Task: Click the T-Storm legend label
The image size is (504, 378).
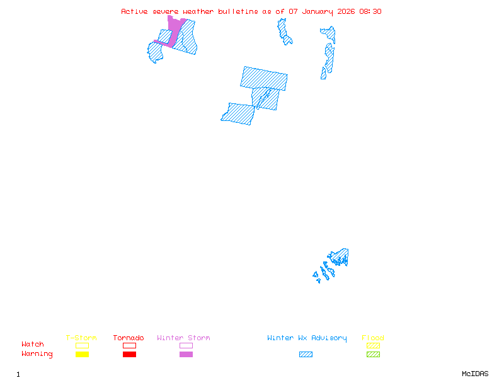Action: pyautogui.click(x=81, y=338)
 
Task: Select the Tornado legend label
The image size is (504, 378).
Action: pyautogui.click(x=129, y=338)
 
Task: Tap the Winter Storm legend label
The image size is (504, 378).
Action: pyautogui.click(x=183, y=338)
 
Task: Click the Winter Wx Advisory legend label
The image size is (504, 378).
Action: pyautogui.click(x=307, y=338)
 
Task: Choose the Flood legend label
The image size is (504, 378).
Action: pyautogui.click(x=373, y=338)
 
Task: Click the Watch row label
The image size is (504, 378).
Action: pyautogui.click(x=33, y=345)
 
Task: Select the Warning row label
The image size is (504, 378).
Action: pyautogui.click(x=37, y=354)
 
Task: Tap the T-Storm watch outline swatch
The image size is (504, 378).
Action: pyautogui.click(x=82, y=345)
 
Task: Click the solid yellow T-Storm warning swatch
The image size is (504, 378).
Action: pyautogui.click(x=82, y=354)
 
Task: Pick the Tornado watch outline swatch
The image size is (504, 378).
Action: pyautogui.click(x=129, y=345)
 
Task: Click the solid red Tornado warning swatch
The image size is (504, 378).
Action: pyautogui.click(x=129, y=354)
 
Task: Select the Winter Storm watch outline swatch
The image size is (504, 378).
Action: pyautogui.click(x=186, y=345)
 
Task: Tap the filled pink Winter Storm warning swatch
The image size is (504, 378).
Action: pyautogui.click(x=186, y=354)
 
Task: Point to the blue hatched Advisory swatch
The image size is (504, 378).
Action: pyautogui.click(x=306, y=354)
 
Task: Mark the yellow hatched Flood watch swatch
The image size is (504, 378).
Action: pyautogui.click(x=373, y=345)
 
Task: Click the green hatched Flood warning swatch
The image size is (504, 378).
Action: pyautogui.click(x=373, y=354)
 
